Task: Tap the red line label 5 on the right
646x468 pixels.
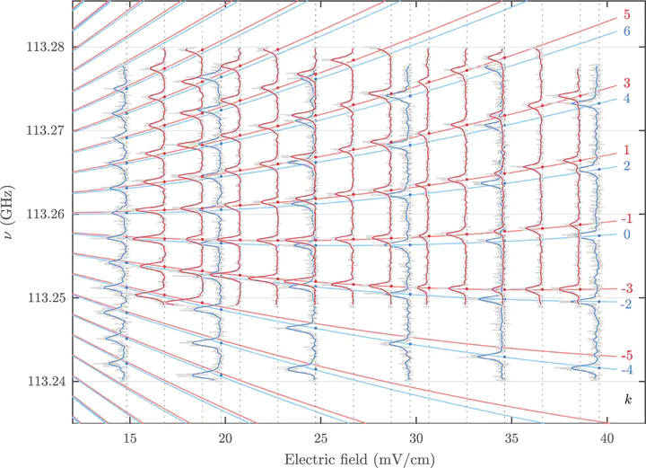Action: click(x=626, y=16)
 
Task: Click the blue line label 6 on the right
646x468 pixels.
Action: click(x=626, y=31)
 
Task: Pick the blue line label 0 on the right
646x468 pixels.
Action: click(x=626, y=234)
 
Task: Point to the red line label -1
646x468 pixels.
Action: click(x=624, y=219)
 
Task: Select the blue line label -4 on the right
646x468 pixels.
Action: click(x=624, y=370)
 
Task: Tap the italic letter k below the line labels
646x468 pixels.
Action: click(x=627, y=396)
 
